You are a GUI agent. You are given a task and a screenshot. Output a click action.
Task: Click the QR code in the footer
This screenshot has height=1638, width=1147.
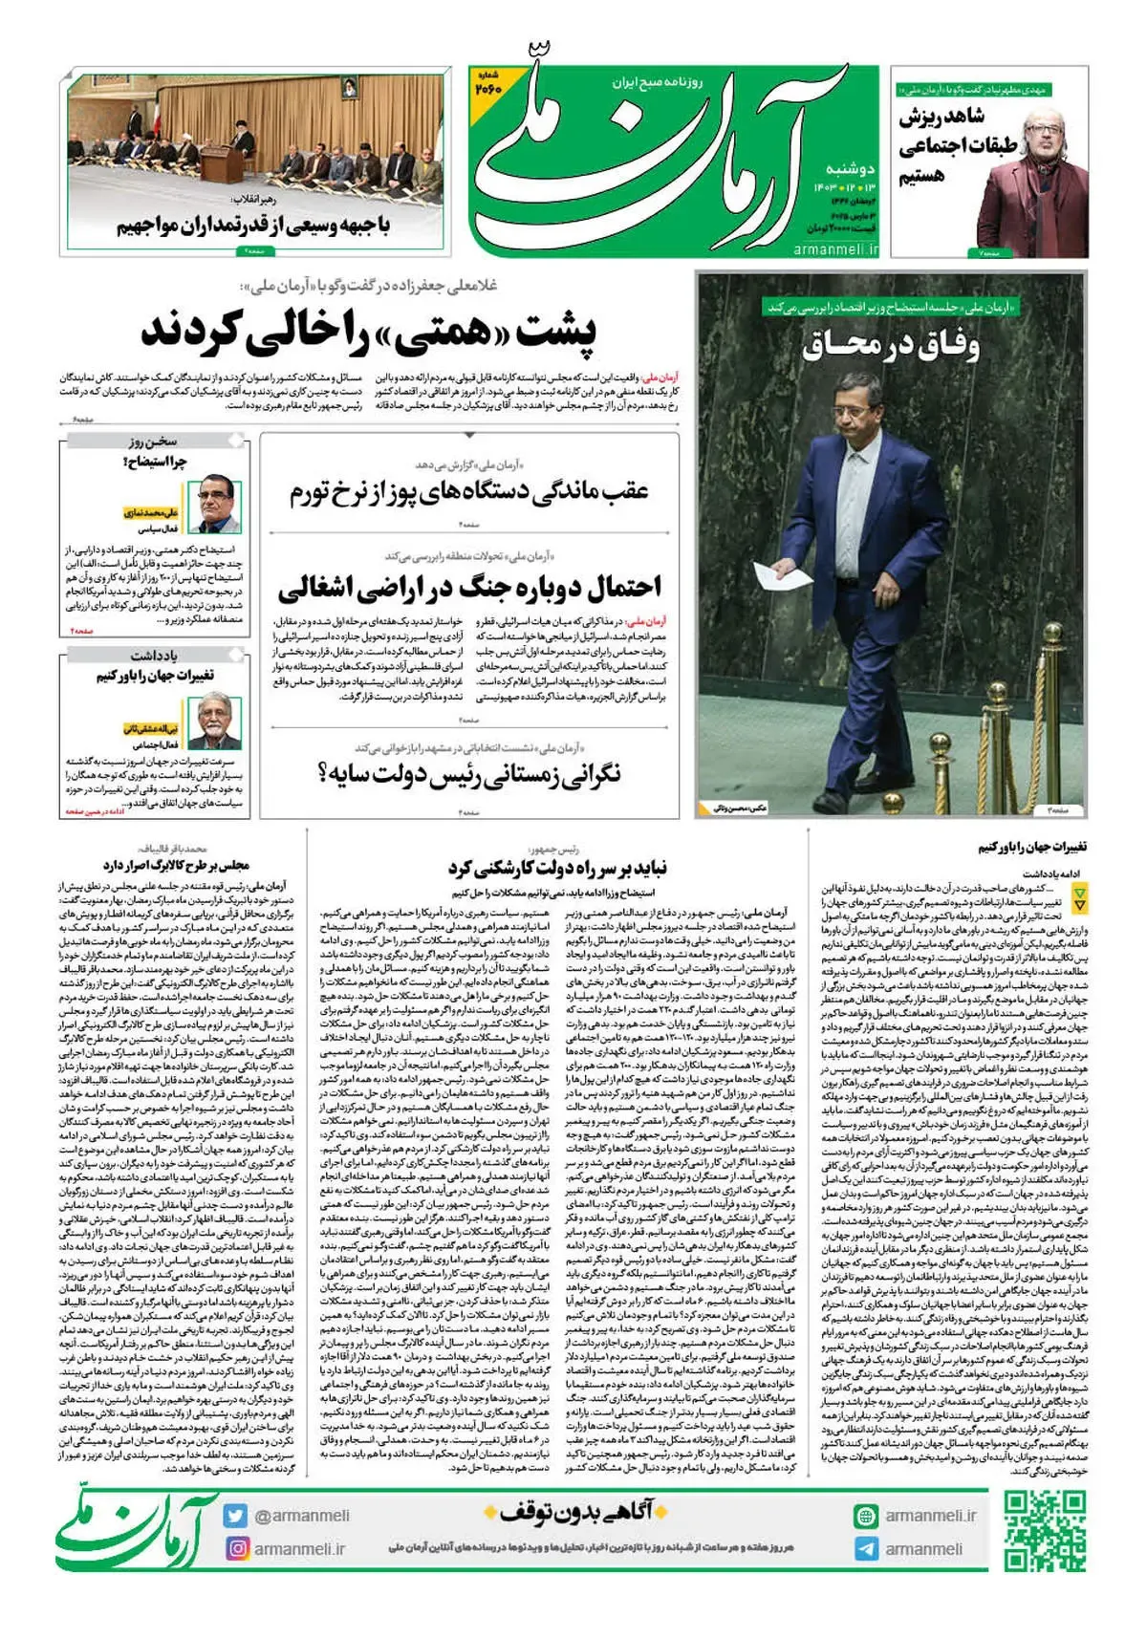[1045, 1531]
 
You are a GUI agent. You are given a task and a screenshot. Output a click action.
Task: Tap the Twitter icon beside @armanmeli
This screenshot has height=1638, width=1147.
[236, 1516]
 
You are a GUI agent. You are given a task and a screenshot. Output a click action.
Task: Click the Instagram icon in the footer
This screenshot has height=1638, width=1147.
[236, 1548]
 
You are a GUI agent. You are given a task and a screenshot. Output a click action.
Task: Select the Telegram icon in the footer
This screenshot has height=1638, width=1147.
[866, 1549]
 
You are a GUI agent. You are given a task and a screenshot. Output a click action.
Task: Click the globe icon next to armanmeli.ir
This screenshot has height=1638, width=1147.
[866, 1516]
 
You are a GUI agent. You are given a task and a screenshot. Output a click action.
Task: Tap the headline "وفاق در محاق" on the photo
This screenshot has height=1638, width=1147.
[890, 344]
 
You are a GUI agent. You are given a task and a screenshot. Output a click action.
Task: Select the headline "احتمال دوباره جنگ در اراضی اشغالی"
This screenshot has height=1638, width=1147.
[469, 586]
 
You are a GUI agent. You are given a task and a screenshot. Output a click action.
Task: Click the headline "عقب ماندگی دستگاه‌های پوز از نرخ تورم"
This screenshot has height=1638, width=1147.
[469, 491]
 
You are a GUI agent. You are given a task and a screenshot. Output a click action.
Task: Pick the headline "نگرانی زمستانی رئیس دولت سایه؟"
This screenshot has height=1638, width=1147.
[469, 773]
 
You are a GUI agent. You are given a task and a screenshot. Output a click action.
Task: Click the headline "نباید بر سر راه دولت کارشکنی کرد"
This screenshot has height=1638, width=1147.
[557, 868]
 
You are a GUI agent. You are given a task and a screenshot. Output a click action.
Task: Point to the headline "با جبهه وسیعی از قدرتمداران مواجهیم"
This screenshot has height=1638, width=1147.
[253, 226]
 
